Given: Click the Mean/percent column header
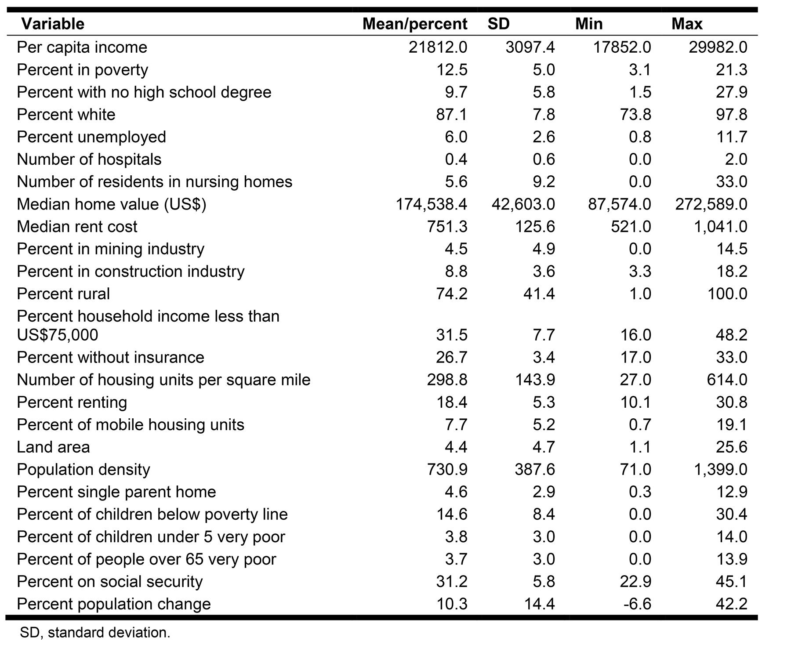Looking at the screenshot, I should pos(414,24).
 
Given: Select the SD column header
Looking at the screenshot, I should pos(498,24).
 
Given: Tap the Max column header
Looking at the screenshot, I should pos(686,24).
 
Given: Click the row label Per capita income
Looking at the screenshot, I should pos(82,47).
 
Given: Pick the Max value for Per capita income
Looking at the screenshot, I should pos(718,47).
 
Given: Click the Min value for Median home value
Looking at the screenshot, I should pos(619,204).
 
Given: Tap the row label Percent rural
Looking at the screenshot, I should pos(63,294).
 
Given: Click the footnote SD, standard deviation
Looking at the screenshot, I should pos(95,633).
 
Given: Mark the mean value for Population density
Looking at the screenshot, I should pos(447,470).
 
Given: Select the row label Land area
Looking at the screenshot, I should pos(53,447).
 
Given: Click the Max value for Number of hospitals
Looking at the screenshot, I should pos(736,159).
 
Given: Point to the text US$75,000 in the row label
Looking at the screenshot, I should pos(57,335).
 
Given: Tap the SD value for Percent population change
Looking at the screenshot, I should pos(539,604).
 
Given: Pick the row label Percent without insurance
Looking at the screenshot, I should pos(110,358).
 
